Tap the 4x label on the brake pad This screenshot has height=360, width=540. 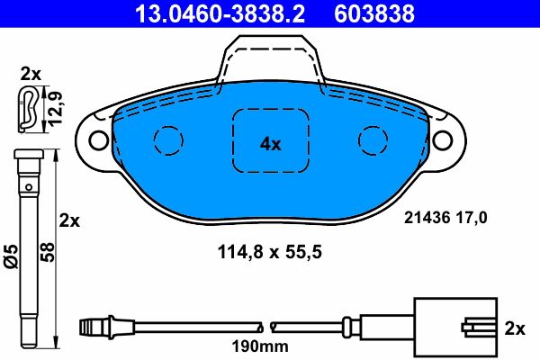[x=270, y=143]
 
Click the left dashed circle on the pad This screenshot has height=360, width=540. [x=168, y=140]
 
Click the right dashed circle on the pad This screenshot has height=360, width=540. [x=373, y=140]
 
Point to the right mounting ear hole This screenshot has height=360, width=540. [x=444, y=140]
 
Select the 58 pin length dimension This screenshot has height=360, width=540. [x=49, y=251]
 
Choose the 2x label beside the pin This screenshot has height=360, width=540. [x=69, y=220]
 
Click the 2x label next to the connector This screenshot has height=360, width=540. [x=515, y=328]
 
